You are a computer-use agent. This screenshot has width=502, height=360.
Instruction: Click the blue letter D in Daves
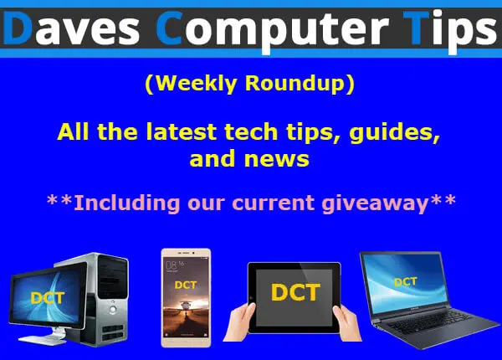[x=18, y=28]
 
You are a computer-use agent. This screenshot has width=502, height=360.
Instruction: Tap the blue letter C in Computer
[x=170, y=28]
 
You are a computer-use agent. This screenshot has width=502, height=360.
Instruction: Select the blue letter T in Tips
[x=416, y=28]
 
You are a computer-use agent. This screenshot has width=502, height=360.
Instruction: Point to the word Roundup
[x=295, y=84]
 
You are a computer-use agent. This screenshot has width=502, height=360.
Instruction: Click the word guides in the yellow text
[x=394, y=132]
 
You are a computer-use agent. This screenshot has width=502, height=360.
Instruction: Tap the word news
[x=277, y=159]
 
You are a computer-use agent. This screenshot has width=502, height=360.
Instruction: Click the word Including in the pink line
[x=127, y=203]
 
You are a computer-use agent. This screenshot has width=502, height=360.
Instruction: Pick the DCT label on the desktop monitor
[x=48, y=298]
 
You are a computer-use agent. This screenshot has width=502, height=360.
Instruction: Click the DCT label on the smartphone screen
[x=186, y=285]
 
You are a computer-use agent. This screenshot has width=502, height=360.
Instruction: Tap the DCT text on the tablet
[x=295, y=292]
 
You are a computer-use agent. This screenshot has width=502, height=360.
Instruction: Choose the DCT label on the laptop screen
[x=406, y=282]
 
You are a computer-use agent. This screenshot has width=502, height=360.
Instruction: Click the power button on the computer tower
[x=113, y=310]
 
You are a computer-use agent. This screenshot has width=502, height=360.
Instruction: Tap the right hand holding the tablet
[x=347, y=323]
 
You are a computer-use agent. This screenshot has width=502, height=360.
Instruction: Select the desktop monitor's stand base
[x=42, y=340]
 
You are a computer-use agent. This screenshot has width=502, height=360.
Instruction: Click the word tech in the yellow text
[x=251, y=132]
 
